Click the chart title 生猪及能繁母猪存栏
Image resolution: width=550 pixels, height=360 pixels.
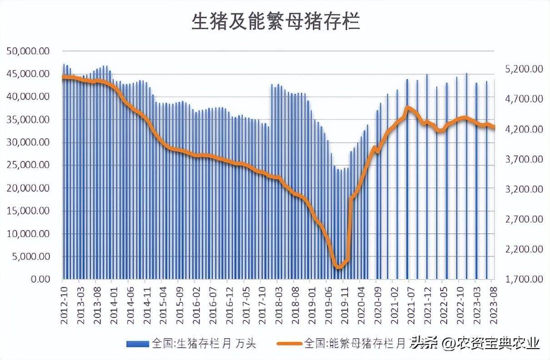[x=275, y=21]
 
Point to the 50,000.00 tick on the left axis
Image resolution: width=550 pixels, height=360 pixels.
[x=28, y=51]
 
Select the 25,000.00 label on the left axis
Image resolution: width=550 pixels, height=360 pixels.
[x=28, y=165]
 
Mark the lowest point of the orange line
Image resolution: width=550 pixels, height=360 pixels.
[x=339, y=267]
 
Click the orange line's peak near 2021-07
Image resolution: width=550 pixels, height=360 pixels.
[x=408, y=108]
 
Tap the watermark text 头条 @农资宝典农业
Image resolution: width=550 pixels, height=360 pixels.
[x=475, y=342]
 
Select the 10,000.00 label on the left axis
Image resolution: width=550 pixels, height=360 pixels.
[x=28, y=234]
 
